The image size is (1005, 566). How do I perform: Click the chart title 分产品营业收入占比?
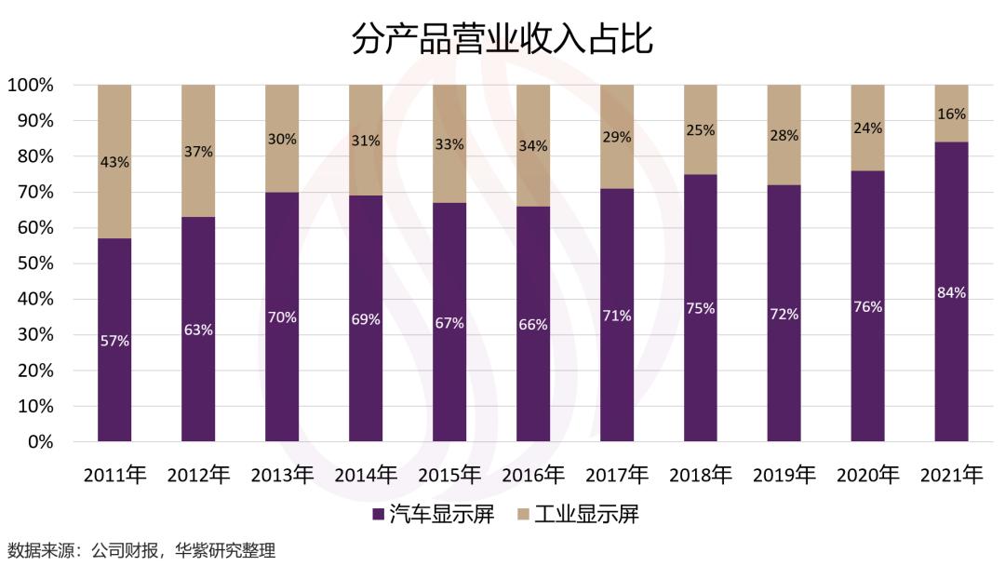502,39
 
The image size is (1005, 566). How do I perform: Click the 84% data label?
951,292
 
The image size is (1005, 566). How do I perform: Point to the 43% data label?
114,162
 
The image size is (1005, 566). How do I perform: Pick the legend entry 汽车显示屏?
433,514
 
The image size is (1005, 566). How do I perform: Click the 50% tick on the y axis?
31,263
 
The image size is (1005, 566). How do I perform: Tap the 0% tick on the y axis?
39,442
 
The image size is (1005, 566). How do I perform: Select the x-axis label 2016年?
532,475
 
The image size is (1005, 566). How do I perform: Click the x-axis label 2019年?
784,475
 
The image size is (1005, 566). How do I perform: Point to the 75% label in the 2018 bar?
700,308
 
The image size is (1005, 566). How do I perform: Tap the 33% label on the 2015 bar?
449,144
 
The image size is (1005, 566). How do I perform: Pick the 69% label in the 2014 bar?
365,319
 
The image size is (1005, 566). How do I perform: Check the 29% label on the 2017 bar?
616,137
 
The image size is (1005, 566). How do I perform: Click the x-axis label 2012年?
198,475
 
